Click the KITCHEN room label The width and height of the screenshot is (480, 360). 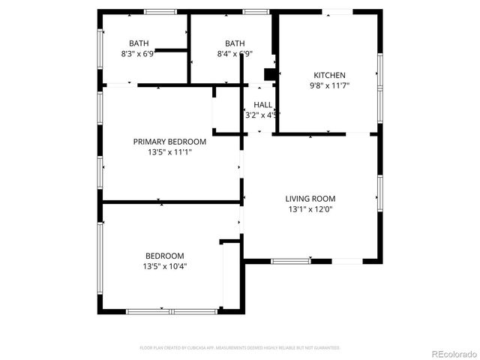point(329,75)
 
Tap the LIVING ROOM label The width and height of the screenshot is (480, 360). point(310,199)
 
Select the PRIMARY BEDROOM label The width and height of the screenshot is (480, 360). point(169,142)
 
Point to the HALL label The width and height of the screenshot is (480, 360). point(263,105)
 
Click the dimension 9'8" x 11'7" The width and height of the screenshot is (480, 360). point(329,85)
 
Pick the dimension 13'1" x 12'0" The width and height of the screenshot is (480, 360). point(310,209)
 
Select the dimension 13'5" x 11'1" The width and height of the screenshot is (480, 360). point(169,152)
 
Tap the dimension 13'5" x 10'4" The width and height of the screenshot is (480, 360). point(164,266)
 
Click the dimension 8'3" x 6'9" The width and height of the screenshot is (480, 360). point(138,54)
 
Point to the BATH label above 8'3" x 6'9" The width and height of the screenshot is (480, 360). point(139,43)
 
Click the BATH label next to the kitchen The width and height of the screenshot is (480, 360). point(235,43)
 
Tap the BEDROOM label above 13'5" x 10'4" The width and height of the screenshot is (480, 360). point(164,256)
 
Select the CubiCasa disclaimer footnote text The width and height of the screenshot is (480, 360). point(240,348)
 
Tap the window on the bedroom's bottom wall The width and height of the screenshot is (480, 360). point(172,310)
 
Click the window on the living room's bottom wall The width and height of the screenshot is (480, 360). point(291,261)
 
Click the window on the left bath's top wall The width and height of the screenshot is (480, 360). point(160,11)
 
